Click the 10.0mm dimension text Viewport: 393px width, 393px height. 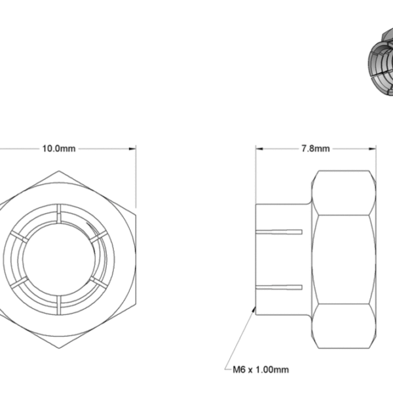59,149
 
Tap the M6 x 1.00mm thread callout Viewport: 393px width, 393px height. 261,369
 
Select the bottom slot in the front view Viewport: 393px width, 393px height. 59,303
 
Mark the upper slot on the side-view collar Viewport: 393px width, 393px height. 282,231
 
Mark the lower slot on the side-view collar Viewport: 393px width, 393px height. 282,288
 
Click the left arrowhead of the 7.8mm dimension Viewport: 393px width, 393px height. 257,149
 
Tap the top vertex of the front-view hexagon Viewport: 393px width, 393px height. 59,171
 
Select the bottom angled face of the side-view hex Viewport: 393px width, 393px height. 344,326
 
